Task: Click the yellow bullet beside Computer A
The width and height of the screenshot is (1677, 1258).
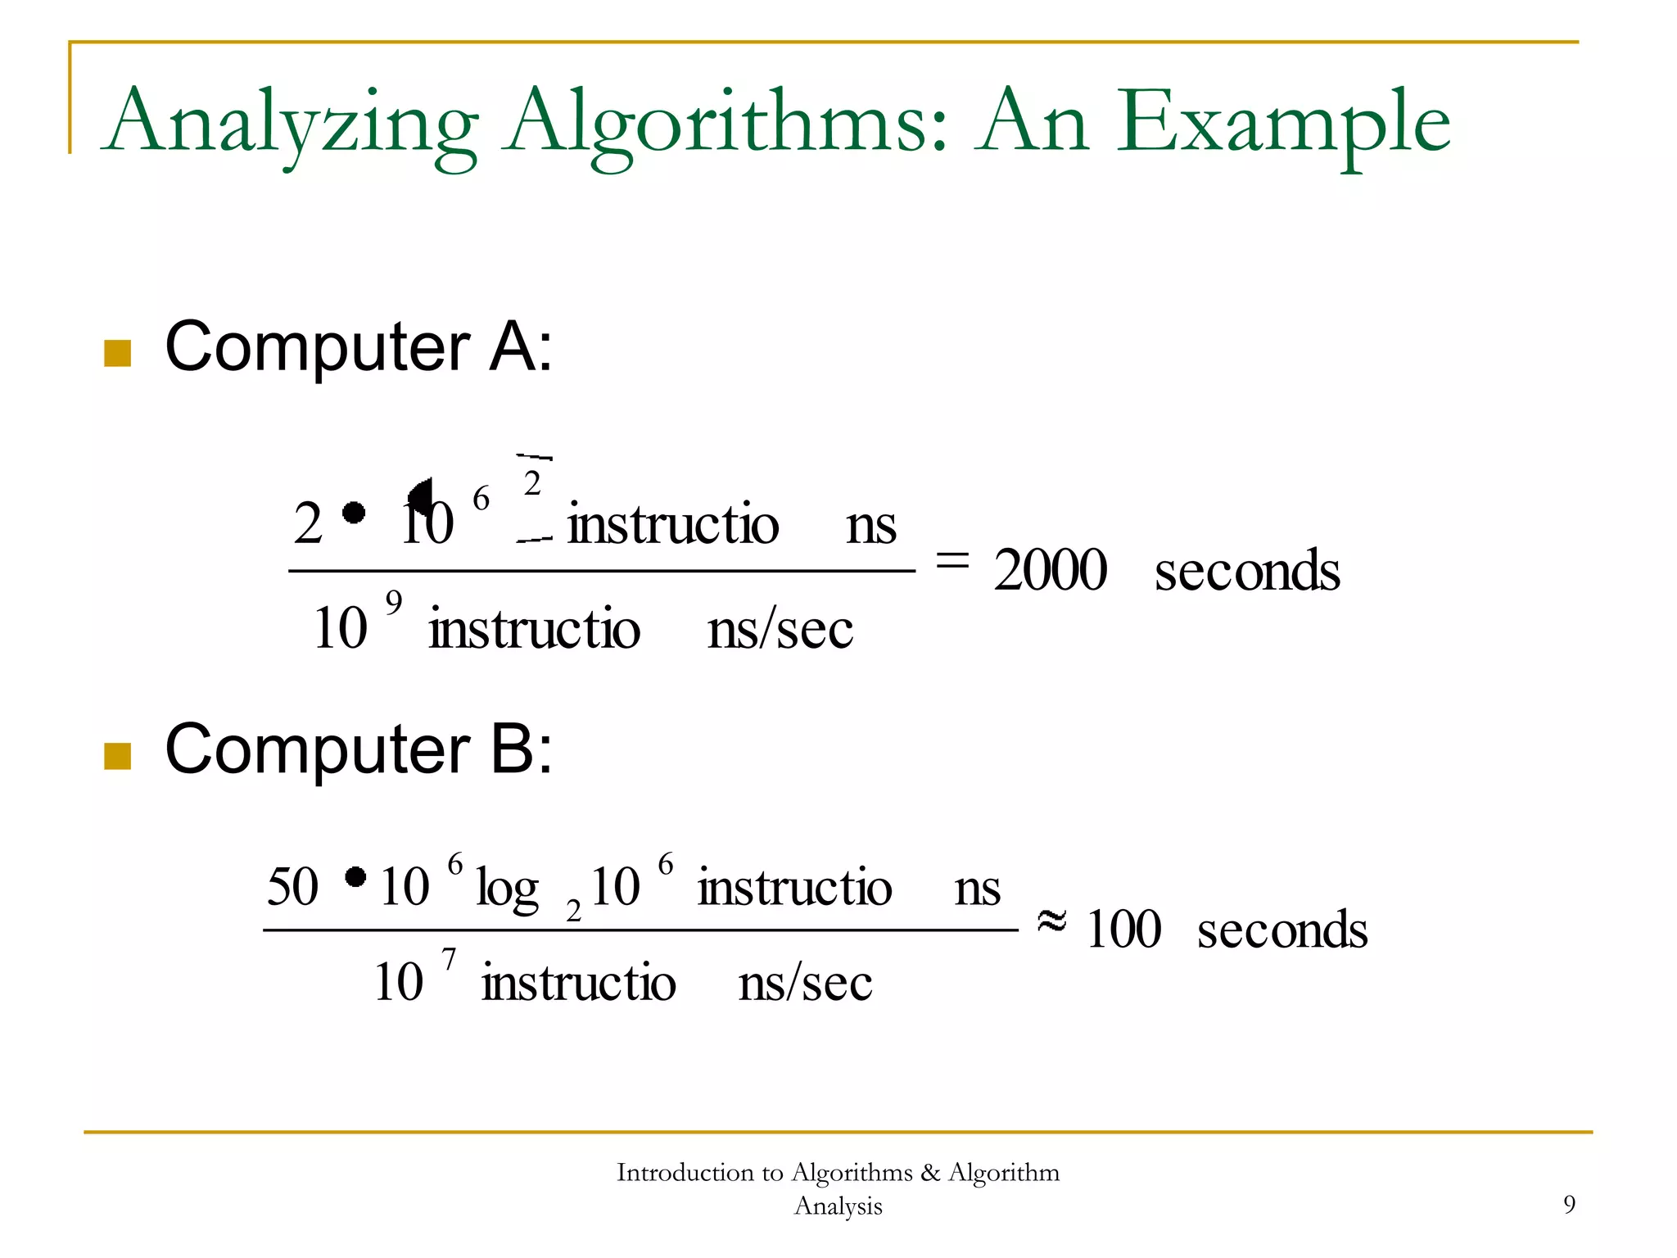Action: tap(118, 353)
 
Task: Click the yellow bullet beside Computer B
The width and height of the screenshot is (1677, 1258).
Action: tap(118, 756)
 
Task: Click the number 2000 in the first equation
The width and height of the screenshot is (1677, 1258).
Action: tap(1050, 570)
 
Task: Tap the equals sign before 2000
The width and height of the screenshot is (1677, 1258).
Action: tap(952, 560)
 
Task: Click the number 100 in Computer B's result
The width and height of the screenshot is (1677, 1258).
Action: tap(1123, 930)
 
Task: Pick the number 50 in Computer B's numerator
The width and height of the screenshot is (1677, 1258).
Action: tap(292, 886)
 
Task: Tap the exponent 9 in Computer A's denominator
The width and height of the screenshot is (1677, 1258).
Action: tap(394, 603)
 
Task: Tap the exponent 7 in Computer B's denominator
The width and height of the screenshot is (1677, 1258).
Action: tap(449, 958)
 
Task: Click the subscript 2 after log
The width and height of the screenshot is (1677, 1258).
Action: tap(573, 910)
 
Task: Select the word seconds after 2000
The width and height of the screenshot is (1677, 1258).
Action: tap(1247, 570)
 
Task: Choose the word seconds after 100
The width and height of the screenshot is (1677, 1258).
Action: tap(1282, 930)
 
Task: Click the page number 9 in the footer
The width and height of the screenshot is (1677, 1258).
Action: tap(1569, 1204)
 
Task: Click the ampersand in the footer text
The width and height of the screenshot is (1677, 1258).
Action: tap(930, 1173)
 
